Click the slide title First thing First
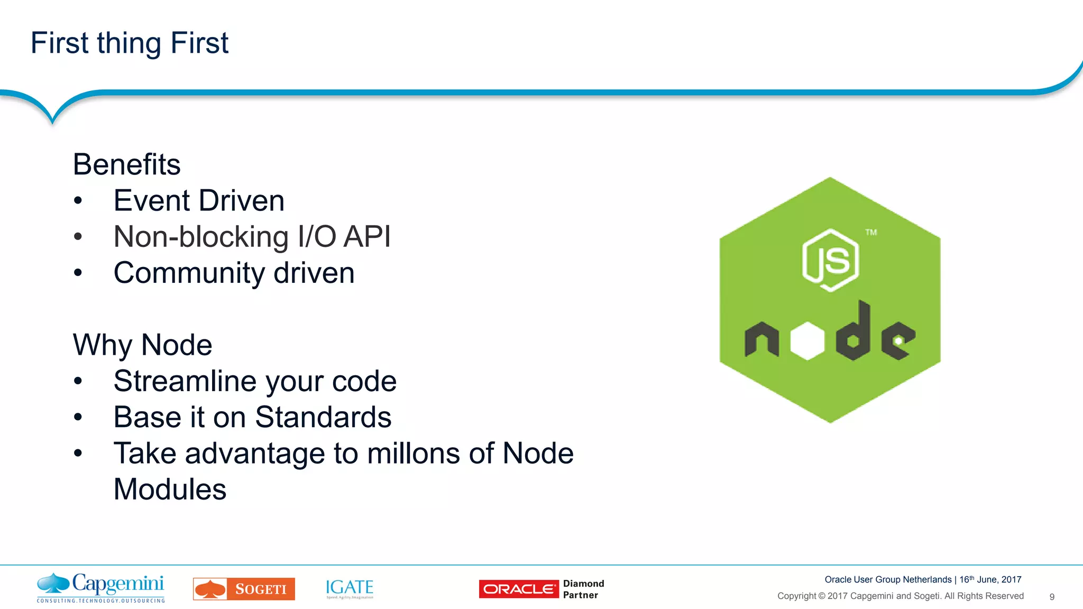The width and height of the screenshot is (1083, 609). pos(130,43)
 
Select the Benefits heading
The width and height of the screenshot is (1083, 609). pos(126,164)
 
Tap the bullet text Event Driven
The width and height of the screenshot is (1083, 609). pos(199,201)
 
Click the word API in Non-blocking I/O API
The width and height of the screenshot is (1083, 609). pos(367,236)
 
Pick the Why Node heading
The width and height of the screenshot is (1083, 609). pos(142,345)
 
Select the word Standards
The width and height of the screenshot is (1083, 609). pos(323,417)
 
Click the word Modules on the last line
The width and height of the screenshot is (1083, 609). pos(170,490)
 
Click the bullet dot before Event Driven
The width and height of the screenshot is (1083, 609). pos(78,201)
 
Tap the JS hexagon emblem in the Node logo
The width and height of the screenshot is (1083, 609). pos(830,260)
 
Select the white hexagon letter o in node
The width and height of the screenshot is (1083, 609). pos(807,342)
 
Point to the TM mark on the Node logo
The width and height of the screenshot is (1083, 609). pos(871,232)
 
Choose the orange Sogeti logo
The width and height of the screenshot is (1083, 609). pos(244,589)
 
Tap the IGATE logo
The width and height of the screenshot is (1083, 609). pos(350,588)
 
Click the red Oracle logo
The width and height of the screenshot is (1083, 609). pos(519,589)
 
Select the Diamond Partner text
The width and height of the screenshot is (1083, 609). pos(583,589)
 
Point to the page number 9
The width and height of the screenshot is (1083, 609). pos(1052,597)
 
